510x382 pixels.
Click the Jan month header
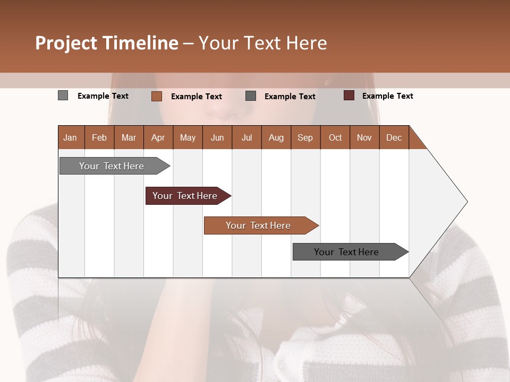tap(71, 137)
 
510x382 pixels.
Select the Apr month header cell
tap(158, 137)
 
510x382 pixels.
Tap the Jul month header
tap(247, 137)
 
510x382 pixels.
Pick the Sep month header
tap(305, 137)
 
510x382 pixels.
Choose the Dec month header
tap(394, 137)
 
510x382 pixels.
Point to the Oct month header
tap(335, 137)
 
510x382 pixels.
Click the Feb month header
tap(99, 137)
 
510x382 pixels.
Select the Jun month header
tap(217, 137)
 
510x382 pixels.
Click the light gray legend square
tap(63, 95)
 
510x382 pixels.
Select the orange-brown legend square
tap(156, 96)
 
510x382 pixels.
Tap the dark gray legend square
tap(251, 96)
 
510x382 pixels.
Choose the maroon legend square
tap(348, 95)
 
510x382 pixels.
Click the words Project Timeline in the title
tap(106, 43)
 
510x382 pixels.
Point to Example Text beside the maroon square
tap(388, 95)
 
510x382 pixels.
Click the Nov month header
tap(364, 137)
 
